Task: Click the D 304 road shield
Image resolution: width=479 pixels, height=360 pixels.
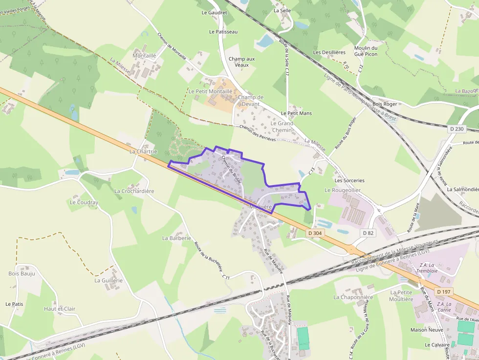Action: [x=315, y=233]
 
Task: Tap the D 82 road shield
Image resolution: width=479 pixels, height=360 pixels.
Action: [x=369, y=233]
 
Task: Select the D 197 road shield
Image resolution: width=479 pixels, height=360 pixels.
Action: [x=444, y=292]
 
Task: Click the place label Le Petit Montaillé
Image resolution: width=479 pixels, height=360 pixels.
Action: [x=211, y=91]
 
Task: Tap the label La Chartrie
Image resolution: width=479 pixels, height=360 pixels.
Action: [x=143, y=151]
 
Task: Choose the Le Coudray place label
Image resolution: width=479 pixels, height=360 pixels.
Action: [x=84, y=202]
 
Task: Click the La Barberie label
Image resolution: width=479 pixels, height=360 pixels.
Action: [x=176, y=238]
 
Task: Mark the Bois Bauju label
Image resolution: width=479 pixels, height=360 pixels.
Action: [x=22, y=274]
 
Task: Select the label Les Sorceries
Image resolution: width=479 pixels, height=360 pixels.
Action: [x=349, y=180]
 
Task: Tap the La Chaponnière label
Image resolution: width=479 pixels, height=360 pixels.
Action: [x=353, y=297]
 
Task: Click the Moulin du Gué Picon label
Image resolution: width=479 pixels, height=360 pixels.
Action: [x=366, y=51]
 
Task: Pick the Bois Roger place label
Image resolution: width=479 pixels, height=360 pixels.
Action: [x=385, y=104]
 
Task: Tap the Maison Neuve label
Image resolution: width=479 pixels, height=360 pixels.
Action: [x=427, y=330]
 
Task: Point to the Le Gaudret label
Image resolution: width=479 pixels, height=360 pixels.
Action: [x=214, y=13]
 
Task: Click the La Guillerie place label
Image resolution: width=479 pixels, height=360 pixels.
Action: [x=109, y=280]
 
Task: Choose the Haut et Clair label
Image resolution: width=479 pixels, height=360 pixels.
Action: [x=60, y=309]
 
